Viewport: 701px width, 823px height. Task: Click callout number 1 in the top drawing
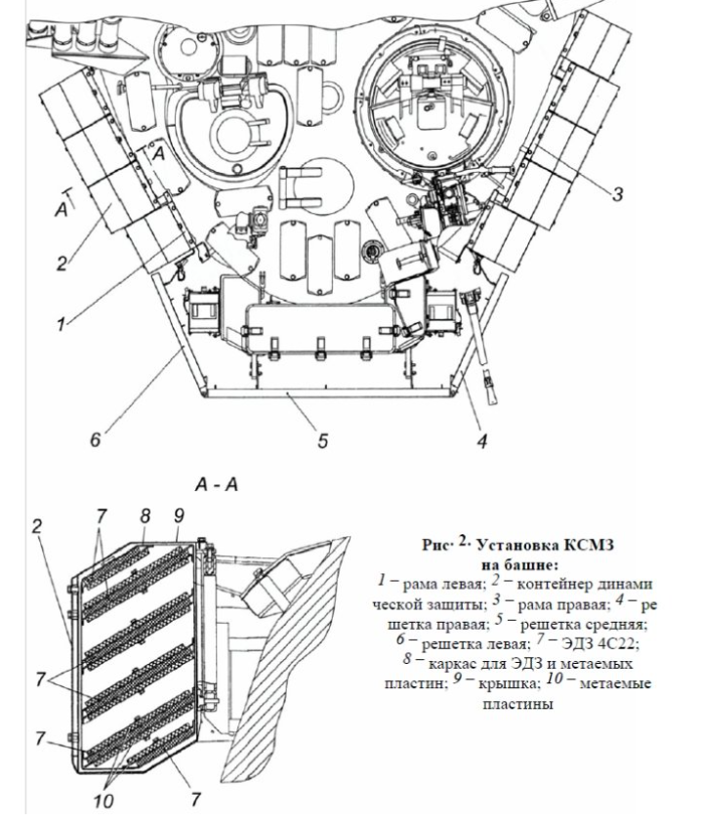pyautogui.click(x=62, y=324)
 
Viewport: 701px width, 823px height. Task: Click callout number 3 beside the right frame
pyautogui.click(x=618, y=193)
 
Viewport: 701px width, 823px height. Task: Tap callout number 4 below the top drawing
pyautogui.click(x=481, y=440)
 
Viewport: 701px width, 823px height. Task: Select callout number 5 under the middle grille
pyautogui.click(x=322, y=440)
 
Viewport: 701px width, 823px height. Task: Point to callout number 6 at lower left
pyautogui.click(x=95, y=438)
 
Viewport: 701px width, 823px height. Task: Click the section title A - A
pyautogui.click(x=217, y=484)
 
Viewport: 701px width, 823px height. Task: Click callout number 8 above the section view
pyautogui.click(x=144, y=515)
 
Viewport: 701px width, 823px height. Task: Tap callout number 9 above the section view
pyautogui.click(x=179, y=515)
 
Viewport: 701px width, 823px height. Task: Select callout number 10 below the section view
pyautogui.click(x=103, y=801)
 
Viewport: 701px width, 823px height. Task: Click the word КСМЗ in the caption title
pyautogui.click(x=589, y=545)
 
